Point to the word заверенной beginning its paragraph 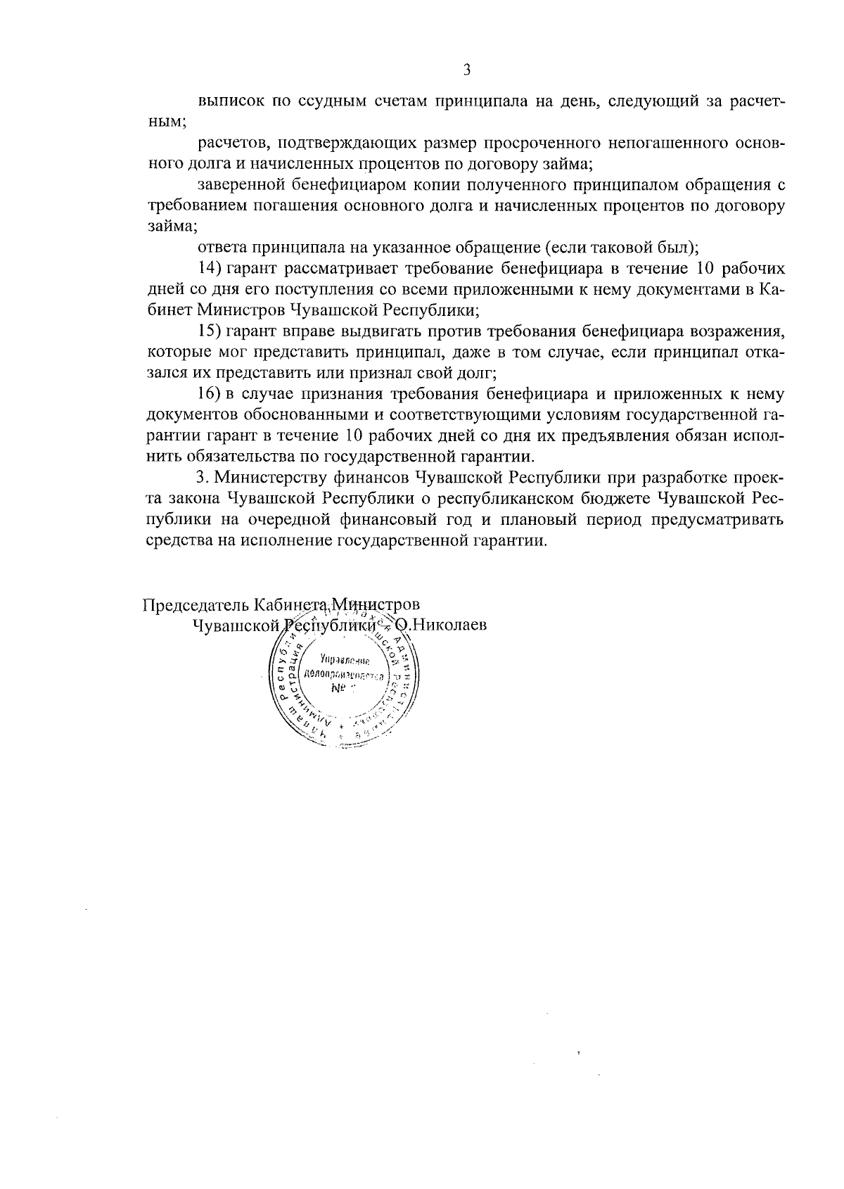coord(241,185)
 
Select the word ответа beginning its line coord(219,248)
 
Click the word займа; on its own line coord(171,227)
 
